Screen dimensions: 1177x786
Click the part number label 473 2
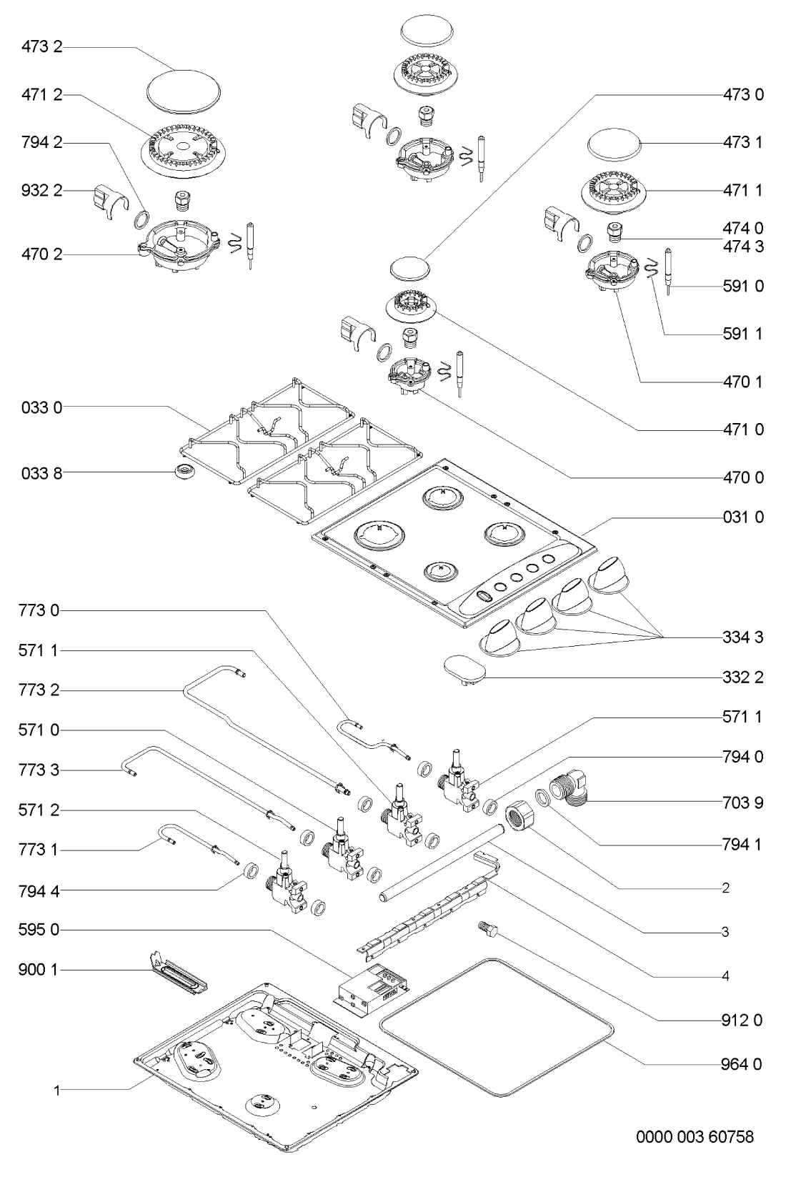[x=41, y=48]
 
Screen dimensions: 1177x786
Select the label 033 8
[x=41, y=472]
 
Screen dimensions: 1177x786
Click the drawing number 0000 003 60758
[x=695, y=1136]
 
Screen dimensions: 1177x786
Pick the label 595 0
[x=41, y=930]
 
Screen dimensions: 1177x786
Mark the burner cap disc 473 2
[x=182, y=91]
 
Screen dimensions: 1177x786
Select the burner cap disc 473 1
[x=614, y=146]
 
